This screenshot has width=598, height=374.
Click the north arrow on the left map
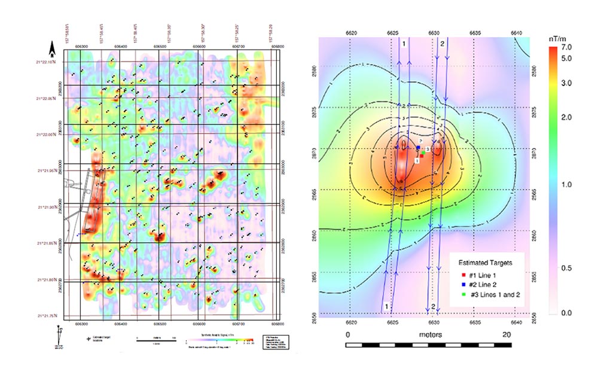pyautogui.click(x=52, y=47)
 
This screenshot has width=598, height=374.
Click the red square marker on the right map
pyautogui.click(x=422, y=156)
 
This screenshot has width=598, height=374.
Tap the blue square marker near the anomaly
pyautogui.click(x=419, y=147)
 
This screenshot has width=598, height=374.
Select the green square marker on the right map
pyautogui.click(x=423, y=153)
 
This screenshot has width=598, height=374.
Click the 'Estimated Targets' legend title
pyautogui.click(x=484, y=262)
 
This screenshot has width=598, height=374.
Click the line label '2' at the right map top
pyautogui.click(x=442, y=44)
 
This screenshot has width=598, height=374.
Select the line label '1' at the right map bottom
pyautogui.click(x=388, y=306)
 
